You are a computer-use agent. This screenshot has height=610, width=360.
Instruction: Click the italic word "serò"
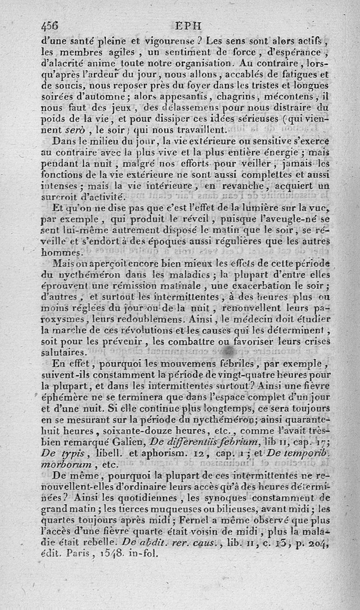(75, 130)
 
